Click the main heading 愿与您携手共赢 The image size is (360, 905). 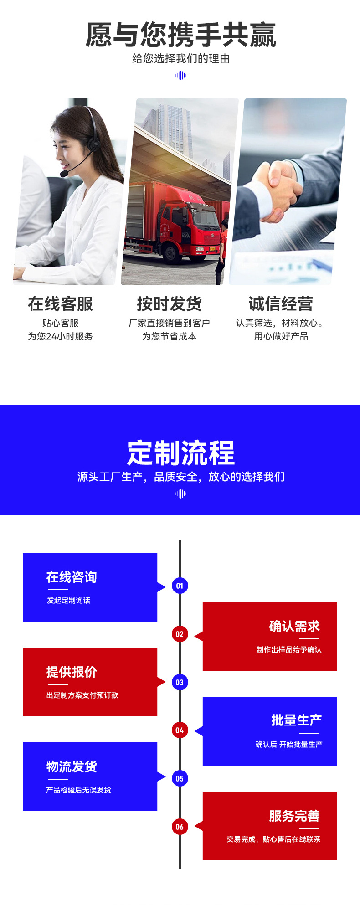point(180,35)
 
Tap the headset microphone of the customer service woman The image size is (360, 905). point(64,174)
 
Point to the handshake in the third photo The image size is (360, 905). point(276,189)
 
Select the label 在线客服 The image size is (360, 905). point(60,304)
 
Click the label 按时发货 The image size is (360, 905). point(169,304)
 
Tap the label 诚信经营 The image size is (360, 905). point(281,304)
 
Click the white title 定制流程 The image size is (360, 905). point(180,452)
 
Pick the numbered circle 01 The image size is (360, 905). point(180,586)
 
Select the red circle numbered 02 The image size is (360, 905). point(180,634)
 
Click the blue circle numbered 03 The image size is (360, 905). point(180,682)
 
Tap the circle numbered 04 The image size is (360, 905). point(180,730)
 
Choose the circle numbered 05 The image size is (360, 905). point(180,779)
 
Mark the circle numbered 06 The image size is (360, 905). point(180,827)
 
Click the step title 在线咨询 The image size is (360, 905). point(72,577)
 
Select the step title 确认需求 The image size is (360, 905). point(294,627)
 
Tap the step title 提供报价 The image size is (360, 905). point(72,672)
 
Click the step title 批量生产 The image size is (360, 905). point(296,720)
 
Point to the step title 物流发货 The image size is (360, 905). point(72,767)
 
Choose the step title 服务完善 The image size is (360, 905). point(294,816)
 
